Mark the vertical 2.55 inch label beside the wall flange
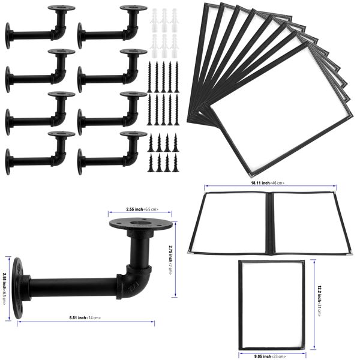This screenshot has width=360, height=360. tap(5, 282)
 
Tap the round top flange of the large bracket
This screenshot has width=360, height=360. tap(142, 227)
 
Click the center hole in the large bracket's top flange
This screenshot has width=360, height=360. tap(142, 225)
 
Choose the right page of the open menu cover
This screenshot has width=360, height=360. tap(306, 222)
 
